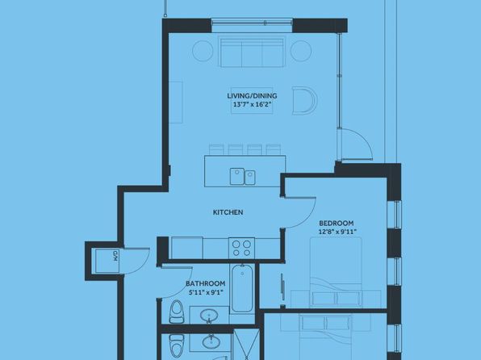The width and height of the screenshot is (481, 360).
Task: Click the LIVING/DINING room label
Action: (252, 96)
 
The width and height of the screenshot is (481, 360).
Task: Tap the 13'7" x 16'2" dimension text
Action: (253, 104)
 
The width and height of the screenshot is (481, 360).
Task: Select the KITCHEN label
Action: (228, 212)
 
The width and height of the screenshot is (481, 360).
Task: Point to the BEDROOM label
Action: (337, 223)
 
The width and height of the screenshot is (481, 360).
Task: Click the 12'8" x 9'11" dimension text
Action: (337, 232)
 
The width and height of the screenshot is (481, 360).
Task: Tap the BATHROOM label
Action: (206, 283)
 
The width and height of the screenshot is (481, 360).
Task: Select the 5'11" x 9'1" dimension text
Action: (206, 292)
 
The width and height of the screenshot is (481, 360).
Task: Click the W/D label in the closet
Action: (115, 256)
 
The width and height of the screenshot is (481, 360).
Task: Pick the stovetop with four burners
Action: (241, 249)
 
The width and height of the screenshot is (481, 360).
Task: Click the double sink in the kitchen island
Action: (242, 177)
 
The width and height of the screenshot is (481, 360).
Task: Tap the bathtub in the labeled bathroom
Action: (242, 289)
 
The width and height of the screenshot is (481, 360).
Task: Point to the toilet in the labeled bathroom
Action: (176, 312)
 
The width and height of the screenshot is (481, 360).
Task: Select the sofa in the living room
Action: (252, 52)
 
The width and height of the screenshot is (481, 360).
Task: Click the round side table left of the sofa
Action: (203, 51)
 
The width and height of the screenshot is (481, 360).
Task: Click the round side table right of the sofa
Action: (301, 51)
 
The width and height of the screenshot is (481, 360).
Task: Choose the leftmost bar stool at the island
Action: (217, 149)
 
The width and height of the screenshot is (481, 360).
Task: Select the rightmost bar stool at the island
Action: (274, 149)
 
